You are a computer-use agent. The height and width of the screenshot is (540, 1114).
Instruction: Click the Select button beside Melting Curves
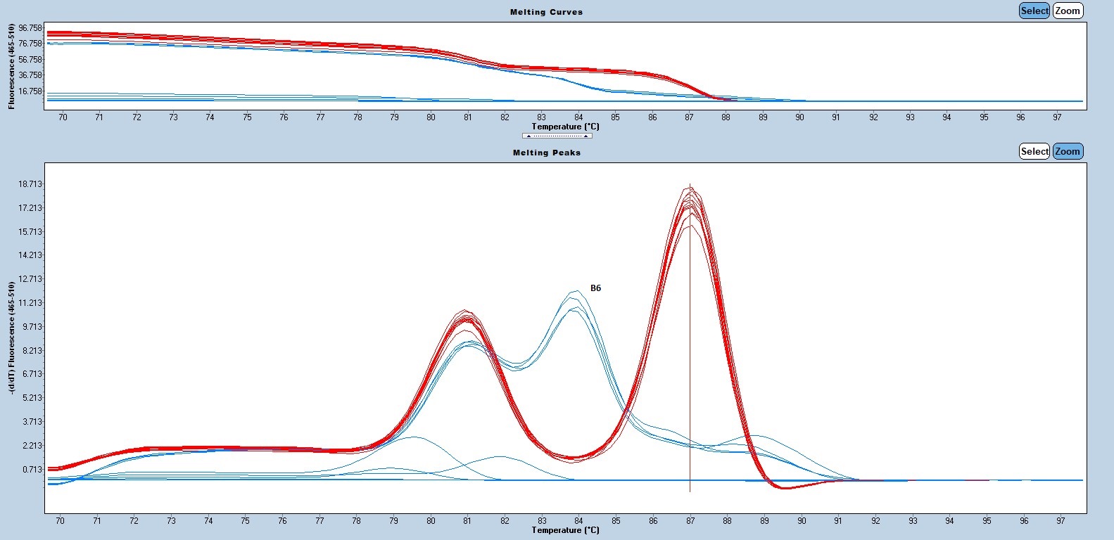click(1034, 11)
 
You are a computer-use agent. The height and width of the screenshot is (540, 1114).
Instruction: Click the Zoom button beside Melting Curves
click(1068, 11)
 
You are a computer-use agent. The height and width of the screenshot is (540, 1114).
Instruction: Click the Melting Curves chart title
click(546, 12)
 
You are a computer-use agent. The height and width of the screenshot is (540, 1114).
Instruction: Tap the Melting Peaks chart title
click(546, 153)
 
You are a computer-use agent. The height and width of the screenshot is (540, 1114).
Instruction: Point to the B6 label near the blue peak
click(595, 288)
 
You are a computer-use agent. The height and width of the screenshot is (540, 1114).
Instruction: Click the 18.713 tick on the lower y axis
click(30, 184)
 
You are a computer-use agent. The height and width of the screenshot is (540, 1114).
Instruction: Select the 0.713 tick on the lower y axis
click(32, 469)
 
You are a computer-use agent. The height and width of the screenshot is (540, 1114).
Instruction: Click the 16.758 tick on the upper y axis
click(31, 91)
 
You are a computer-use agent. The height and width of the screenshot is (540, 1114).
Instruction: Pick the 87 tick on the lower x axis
click(690, 521)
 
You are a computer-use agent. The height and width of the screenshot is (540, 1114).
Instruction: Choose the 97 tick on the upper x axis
click(1057, 117)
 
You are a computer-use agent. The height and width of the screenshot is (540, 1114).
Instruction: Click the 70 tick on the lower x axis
click(60, 521)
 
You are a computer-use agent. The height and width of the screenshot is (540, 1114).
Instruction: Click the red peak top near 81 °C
click(465, 311)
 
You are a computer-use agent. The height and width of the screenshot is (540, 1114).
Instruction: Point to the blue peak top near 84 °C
click(576, 291)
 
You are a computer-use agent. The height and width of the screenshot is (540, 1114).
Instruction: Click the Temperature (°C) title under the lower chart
click(565, 530)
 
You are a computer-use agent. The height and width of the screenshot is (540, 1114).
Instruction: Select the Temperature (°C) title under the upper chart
click(565, 127)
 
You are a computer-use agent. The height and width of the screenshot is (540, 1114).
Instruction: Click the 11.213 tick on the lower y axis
click(30, 303)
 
